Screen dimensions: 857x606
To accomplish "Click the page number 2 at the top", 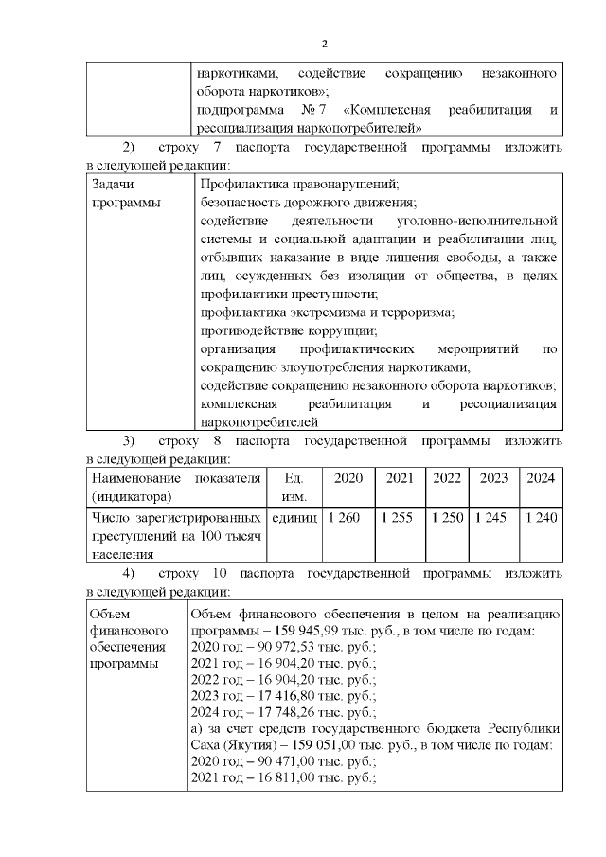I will click(324, 44).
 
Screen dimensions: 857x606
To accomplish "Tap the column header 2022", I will click(447, 477).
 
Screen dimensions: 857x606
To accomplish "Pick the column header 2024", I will click(542, 477).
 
